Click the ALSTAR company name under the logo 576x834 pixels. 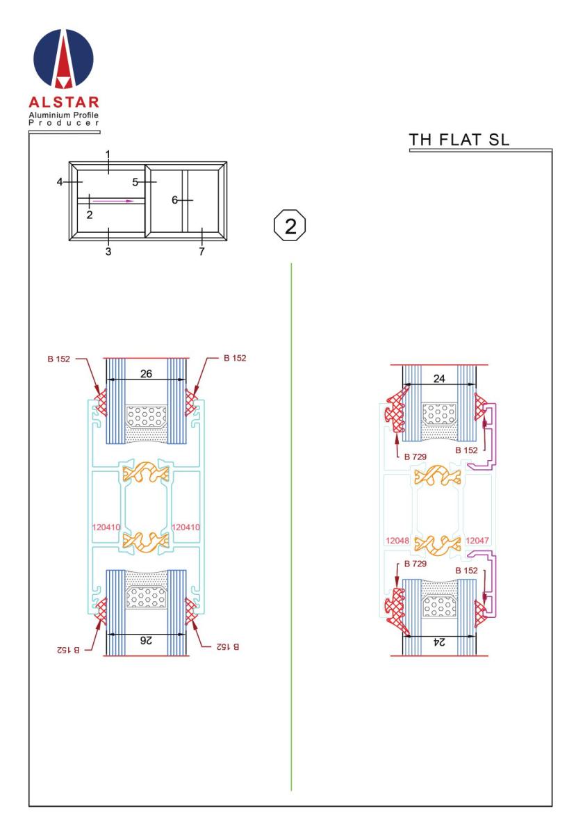coord(64,102)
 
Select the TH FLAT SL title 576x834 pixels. coord(459,140)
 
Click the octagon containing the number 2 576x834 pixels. coord(290,226)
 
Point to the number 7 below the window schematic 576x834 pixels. coord(201,252)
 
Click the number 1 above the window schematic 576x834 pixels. coord(108,154)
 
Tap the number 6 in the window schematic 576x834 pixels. coord(174,200)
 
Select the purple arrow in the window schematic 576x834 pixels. coord(113,201)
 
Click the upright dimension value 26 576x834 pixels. coord(147,374)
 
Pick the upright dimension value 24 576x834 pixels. coord(439,379)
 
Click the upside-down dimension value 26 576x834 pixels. coord(146,640)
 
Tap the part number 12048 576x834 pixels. coord(397,540)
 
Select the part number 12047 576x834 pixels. coord(477,540)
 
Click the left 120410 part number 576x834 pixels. coord(106,528)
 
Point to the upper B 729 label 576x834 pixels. coord(415,457)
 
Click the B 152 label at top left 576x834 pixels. coord(58,359)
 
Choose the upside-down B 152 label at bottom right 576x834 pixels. coord(228,647)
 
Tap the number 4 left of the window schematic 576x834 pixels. coord(60,182)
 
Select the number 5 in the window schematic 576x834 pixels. coord(135,182)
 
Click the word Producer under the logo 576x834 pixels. coord(64,123)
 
